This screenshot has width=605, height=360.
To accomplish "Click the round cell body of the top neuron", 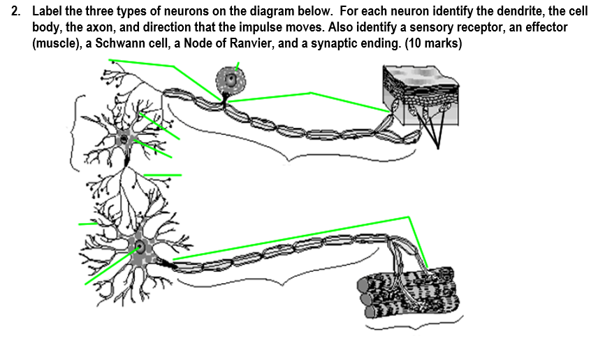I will [230, 80].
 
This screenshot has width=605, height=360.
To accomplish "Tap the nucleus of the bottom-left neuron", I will [140, 247].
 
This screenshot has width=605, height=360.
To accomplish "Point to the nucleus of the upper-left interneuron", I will [124, 138].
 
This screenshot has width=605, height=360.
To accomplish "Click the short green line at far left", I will [88, 224].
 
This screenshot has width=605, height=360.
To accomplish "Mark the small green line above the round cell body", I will [238, 66].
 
